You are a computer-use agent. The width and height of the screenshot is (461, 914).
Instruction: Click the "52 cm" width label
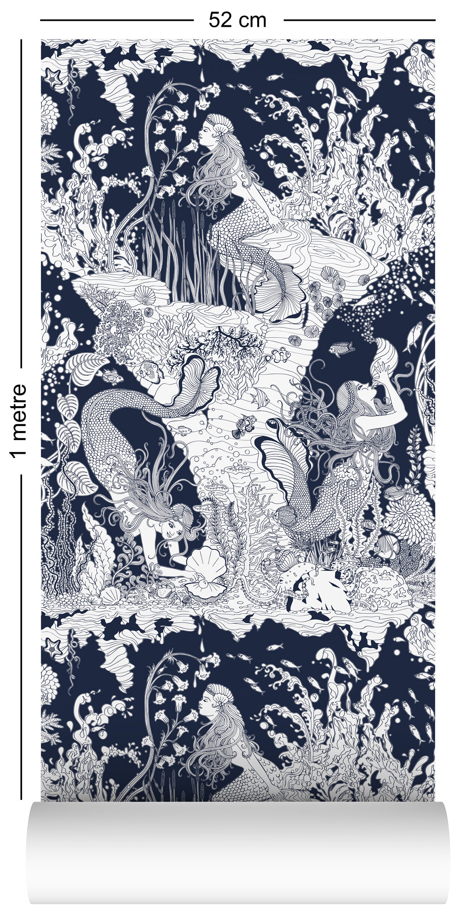point(237,20)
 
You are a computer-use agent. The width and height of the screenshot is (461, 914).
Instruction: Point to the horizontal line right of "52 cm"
point(359,20)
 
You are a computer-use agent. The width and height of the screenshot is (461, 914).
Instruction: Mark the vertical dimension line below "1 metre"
point(21,632)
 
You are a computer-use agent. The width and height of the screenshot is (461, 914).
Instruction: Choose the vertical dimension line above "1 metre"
point(21,203)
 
